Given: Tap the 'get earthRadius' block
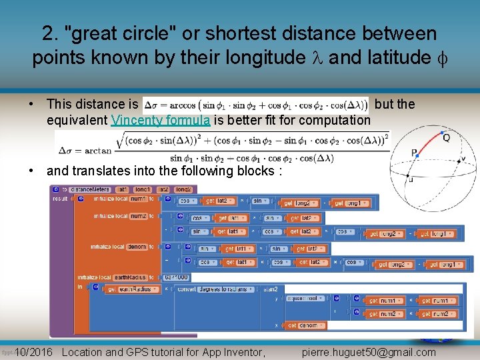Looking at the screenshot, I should point(130,289).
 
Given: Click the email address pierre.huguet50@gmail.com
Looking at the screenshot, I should point(369,352).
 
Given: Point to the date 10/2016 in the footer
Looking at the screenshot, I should point(33,352).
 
